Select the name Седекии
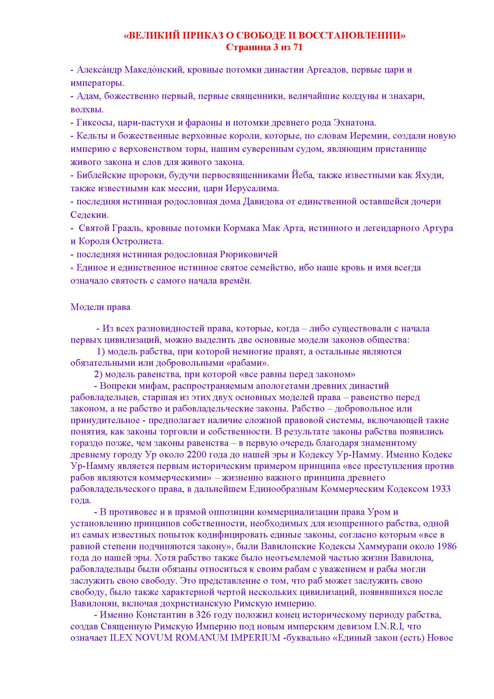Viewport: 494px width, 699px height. (x=89, y=215)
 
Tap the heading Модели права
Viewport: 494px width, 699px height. (x=100, y=307)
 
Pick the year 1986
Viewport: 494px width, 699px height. (x=447, y=547)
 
